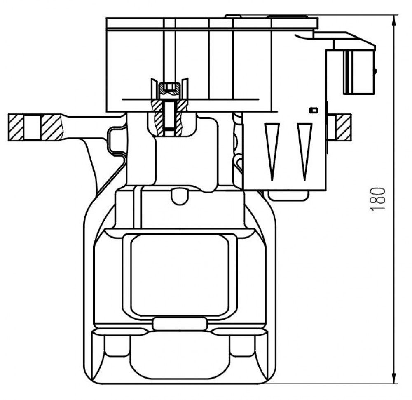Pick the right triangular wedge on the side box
[x=304, y=152]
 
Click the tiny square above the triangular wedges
[x=314, y=111]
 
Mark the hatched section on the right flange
[x=344, y=127]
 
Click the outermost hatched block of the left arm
[x=16, y=127]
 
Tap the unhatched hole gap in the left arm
[x=33, y=127]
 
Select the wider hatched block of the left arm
[x=52, y=127]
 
